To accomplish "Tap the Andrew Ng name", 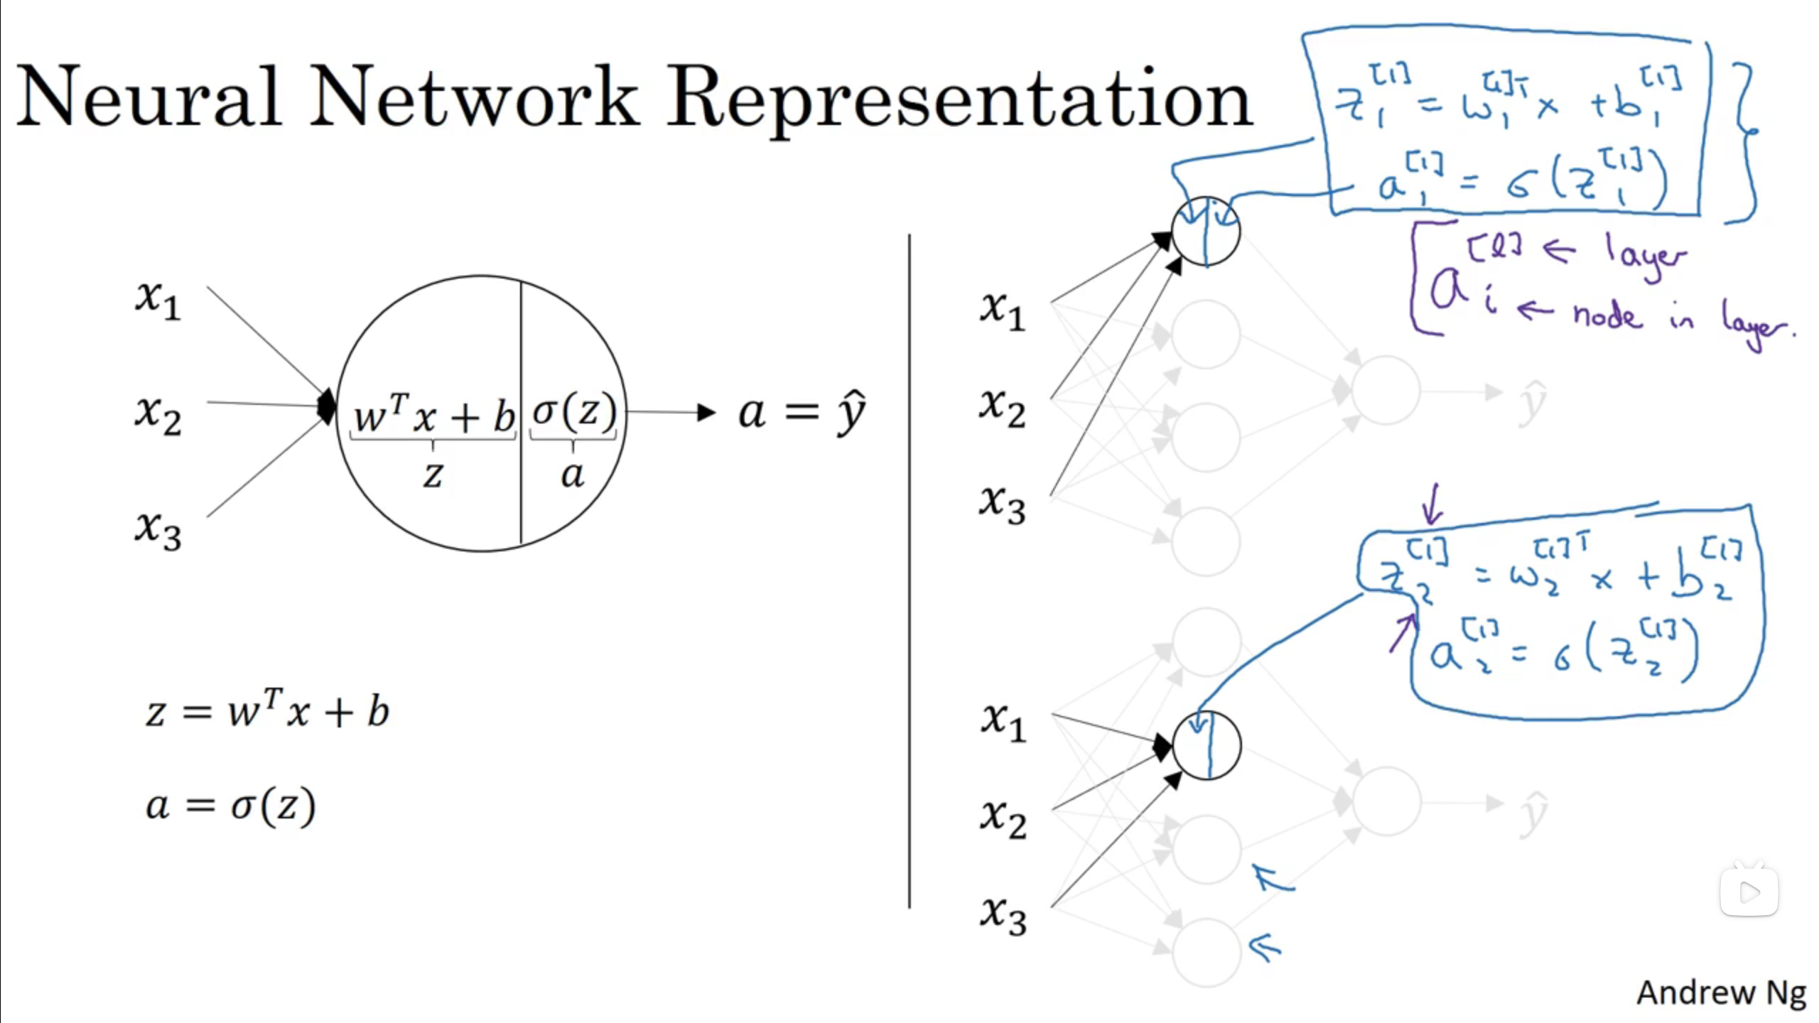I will (1721, 992).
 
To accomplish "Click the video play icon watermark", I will (1749, 892).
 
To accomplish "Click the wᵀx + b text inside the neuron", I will (434, 416).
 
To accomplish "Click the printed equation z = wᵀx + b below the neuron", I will (267, 712).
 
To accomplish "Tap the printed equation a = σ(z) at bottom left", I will (230, 806).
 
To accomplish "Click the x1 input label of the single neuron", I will (158, 301).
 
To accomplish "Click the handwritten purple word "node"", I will (1607, 315).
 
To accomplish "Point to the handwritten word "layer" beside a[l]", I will (1645, 255).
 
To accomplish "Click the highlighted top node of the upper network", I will (1206, 231).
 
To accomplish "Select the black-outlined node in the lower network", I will (1207, 745).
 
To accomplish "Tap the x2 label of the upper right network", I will (1003, 409).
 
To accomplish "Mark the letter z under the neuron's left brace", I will (433, 475).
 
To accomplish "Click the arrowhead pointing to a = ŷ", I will (706, 412).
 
